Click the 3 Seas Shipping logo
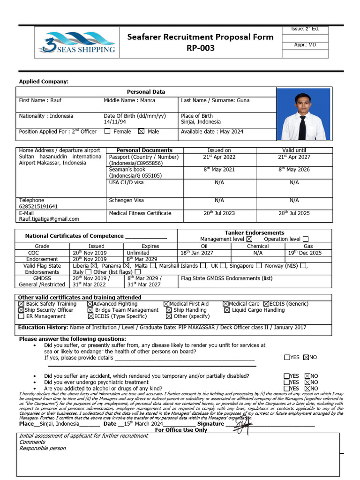point(76,42)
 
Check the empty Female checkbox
point(107,132)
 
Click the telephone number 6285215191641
point(38,207)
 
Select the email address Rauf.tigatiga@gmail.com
point(49,219)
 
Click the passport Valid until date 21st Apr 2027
point(294,157)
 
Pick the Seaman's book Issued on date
point(219,170)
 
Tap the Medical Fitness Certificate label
point(140,213)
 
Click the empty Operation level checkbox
point(306,240)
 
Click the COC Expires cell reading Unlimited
point(138,253)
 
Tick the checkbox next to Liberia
point(94,266)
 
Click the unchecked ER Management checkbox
point(21,316)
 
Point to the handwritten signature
point(242,427)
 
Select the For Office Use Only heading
point(181,430)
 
